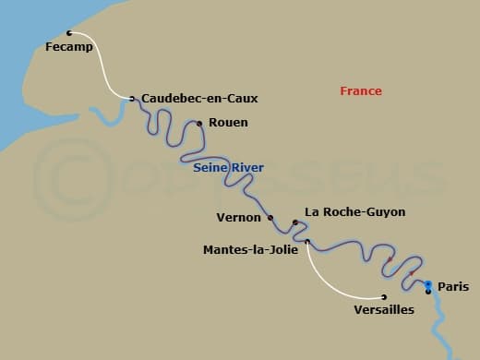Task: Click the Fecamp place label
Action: pyautogui.click(x=69, y=47)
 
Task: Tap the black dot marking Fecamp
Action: pyautogui.click(x=69, y=33)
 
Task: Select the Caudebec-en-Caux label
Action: pyautogui.click(x=199, y=98)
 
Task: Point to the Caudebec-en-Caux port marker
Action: pyautogui.click(x=132, y=98)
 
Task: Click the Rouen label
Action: pyautogui.click(x=228, y=122)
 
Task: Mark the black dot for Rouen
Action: pyautogui.click(x=199, y=123)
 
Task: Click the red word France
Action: pyautogui.click(x=361, y=91)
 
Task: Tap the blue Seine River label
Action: pyautogui.click(x=228, y=167)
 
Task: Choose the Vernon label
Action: pyautogui.click(x=240, y=218)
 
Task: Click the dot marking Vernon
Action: pyautogui.click(x=270, y=218)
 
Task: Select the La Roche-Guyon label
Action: pyautogui.click(x=354, y=211)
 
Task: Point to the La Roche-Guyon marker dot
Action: pyautogui.click(x=294, y=222)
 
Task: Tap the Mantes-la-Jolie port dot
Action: pyautogui.click(x=307, y=243)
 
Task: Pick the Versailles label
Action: pyautogui.click(x=384, y=310)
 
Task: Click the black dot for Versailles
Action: pyautogui.click(x=384, y=297)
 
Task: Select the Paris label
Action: pyautogui.click(x=453, y=287)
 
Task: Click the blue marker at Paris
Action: pyautogui.click(x=428, y=284)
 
